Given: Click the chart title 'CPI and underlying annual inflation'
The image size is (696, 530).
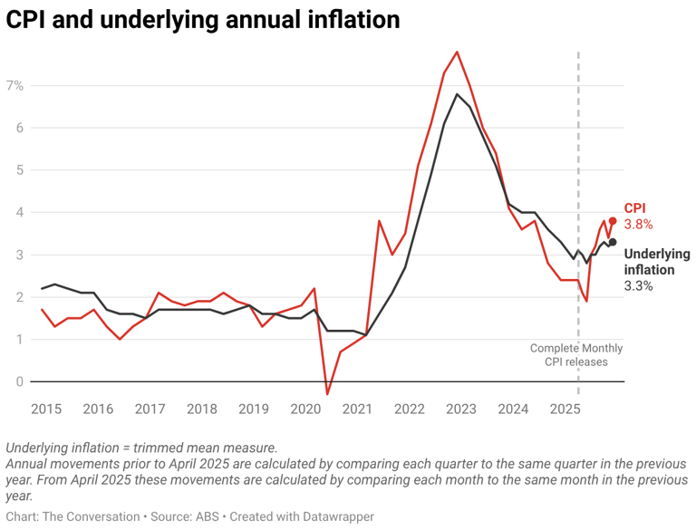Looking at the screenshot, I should tap(203, 20).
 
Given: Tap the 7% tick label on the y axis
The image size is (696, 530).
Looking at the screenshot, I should tap(14, 85).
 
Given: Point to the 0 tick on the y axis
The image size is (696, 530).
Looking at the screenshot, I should tap(18, 381).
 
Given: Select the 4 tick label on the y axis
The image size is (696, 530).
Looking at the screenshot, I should tap(18, 212).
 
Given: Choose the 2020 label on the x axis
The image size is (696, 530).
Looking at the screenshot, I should tap(305, 409).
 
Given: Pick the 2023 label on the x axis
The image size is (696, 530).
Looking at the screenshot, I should tap(461, 409).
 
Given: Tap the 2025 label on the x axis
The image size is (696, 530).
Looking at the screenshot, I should tap(565, 409).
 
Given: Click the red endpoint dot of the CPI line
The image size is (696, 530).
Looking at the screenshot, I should tap(613, 221).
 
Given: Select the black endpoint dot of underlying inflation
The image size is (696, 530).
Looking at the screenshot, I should tap(613, 242).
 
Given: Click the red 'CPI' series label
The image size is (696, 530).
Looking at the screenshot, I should tap(635, 208).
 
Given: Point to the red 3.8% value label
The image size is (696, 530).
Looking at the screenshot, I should tap(638, 224).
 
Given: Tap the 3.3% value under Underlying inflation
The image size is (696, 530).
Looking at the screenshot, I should tap(638, 285).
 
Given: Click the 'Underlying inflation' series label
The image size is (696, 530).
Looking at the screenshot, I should tap(656, 262).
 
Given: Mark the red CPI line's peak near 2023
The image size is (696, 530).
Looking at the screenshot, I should tap(458, 52).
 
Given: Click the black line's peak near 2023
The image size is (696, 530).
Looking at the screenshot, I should tap(457, 94).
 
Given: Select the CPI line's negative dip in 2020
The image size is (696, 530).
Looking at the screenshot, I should tap(327, 394).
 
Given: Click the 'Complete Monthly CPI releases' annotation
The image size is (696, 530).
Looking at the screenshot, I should tap(575, 355).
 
